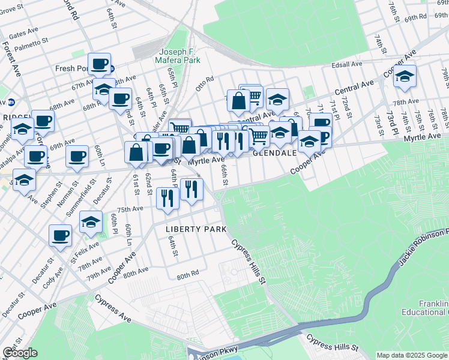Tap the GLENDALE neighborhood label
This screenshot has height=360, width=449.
coord(275,153)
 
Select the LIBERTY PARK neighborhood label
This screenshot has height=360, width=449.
coord(196,229)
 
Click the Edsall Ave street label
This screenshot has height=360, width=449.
coord(348,64)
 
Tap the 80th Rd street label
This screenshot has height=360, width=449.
coord(187,276)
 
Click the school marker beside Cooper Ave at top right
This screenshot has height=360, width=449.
coord(405,78)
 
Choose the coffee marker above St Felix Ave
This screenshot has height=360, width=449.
coord(60,235)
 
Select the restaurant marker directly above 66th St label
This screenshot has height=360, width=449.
coord(223,141)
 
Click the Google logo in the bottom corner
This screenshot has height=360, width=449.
coord(20,353)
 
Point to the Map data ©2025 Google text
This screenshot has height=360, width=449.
coord(411,355)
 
